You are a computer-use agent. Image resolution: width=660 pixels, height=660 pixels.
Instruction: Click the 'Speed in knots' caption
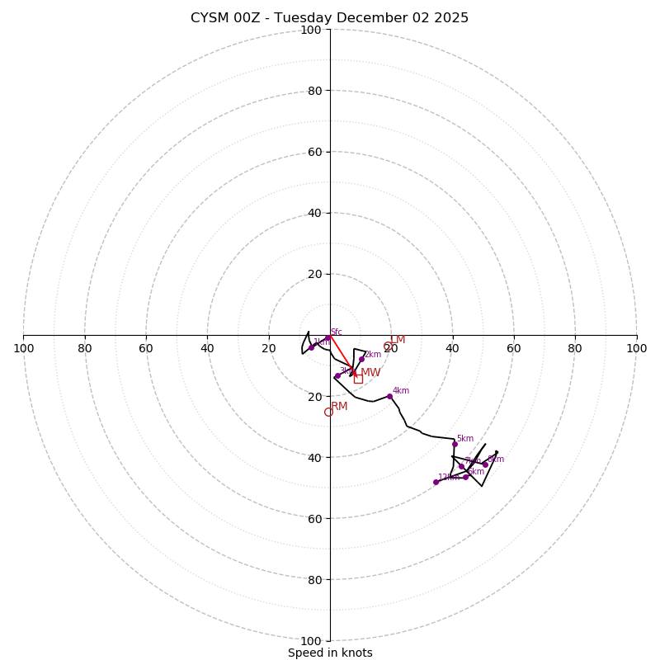point(330,653)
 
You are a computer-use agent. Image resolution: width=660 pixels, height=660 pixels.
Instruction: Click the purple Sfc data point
point(328,337)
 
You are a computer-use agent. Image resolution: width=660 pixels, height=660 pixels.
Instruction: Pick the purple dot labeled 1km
point(311,347)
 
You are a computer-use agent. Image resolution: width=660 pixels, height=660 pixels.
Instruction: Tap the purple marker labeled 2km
point(361,359)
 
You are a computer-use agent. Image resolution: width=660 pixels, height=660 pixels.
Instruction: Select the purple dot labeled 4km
point(389,396)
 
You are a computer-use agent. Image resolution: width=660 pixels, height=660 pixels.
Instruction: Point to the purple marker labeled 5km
point(455,444)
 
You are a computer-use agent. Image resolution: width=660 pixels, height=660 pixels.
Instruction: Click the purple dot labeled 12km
point(436,482)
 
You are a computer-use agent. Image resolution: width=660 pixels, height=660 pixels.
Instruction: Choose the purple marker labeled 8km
point(485,464)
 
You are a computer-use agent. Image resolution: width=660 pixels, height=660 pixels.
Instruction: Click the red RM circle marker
point(328,412)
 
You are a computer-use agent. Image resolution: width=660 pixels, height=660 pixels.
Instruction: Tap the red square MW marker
point(358,378)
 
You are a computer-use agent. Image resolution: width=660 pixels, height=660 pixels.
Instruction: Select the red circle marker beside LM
point(389,346)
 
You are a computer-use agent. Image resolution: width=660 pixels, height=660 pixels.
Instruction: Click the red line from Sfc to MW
point(342,355)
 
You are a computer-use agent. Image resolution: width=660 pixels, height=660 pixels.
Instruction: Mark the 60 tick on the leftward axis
point(146,348)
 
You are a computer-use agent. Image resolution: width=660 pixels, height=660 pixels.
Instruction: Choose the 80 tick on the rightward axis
point(574,348)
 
